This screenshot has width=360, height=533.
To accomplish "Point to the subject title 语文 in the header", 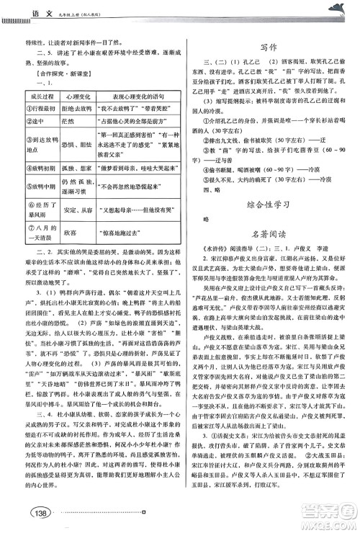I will coord(28,10).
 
